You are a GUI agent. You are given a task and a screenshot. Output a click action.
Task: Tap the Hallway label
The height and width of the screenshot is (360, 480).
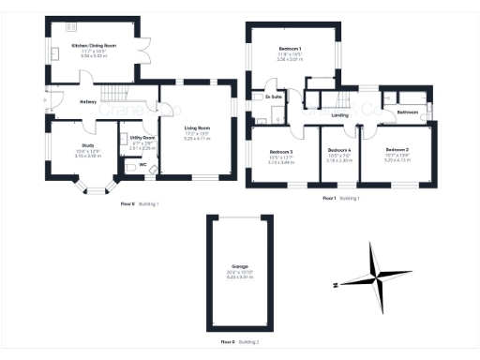click(88, 102)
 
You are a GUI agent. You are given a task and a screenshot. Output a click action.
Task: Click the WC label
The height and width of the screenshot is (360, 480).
click(142, 165)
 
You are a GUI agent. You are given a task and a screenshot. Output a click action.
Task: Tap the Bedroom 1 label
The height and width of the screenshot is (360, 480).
click(290, 49)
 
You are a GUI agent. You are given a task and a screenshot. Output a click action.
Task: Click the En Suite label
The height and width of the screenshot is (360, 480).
click(275, 97)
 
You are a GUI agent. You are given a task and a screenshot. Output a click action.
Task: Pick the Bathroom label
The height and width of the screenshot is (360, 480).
click(408, 112)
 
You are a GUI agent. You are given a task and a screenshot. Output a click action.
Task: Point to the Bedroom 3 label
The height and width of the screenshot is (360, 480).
click(281, 151)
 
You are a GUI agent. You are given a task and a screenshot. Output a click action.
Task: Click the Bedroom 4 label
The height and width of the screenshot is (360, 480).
click(338, 150)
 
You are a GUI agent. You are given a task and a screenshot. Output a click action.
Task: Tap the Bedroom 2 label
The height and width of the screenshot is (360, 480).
click(397, 149)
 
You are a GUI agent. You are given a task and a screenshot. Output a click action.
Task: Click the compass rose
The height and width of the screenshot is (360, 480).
click(376, 278)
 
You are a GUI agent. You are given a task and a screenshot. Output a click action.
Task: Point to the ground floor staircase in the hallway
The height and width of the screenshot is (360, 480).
click(117, 94)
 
